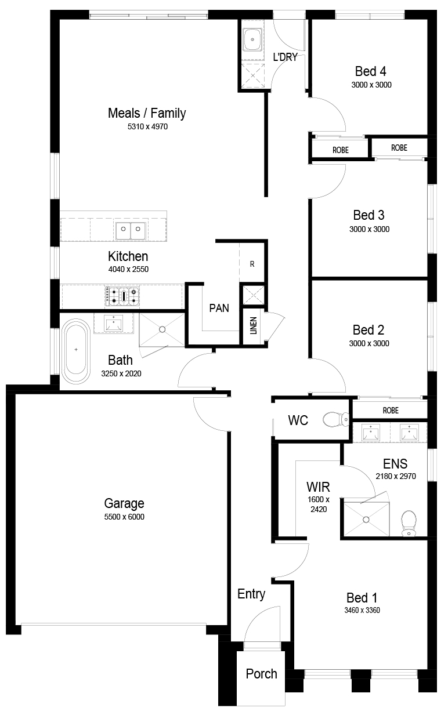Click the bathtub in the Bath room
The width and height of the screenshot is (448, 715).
pos(76,351)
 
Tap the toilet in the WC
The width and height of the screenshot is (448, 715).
pos(336,419)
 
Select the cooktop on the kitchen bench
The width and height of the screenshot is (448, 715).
pos(122,296)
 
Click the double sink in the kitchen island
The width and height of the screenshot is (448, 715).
pos(131,231)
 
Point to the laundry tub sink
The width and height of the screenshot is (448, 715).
pos(252,39)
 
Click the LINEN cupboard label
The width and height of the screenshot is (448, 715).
pos(254,325)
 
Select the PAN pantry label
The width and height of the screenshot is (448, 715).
pos(219,308)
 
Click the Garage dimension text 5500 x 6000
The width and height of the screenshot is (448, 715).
pos(124,517)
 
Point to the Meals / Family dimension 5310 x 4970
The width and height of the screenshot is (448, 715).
pos(147,127)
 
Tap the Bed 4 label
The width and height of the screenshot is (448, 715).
pos(371,71)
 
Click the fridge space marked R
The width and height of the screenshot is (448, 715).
pos(252,264)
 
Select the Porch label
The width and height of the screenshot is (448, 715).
pos(261,673)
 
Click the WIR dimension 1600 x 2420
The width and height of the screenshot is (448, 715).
pos(319,504)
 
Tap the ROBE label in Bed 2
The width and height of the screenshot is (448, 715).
pos(391,410)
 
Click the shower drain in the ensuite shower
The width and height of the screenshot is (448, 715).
pos(366,520)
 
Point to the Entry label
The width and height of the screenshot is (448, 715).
pos(251,594)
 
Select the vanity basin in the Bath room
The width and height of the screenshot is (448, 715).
pos(113,323)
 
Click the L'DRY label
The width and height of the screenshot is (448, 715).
pos(286,57)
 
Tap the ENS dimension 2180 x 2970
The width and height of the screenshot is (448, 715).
pos(396,476)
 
